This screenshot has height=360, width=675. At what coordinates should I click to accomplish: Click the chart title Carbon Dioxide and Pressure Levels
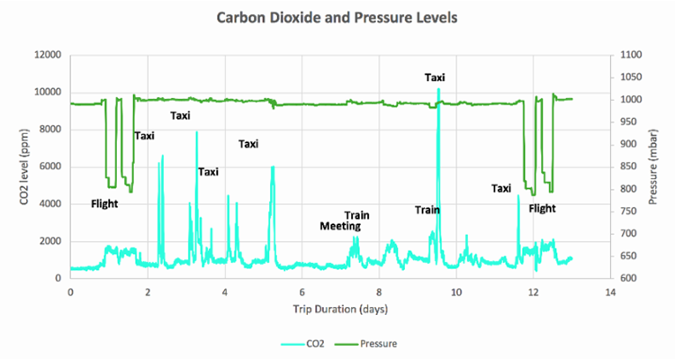point(336,17)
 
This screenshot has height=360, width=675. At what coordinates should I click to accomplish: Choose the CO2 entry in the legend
point(310,343)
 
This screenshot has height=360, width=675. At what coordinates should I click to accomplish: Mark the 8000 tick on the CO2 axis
point(49,130)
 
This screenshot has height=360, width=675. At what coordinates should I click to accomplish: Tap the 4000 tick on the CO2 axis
point(49,204)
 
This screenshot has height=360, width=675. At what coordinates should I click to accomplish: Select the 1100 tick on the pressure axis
point(630,55)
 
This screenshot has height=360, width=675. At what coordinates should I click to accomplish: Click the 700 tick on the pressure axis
point(627,234)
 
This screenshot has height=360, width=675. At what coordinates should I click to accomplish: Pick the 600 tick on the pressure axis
point(627,278)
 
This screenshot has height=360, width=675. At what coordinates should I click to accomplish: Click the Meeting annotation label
point(340,226)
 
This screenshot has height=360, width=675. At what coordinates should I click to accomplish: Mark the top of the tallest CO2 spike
point(438,89)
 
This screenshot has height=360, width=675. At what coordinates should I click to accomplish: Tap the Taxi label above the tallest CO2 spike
point(435,77)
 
